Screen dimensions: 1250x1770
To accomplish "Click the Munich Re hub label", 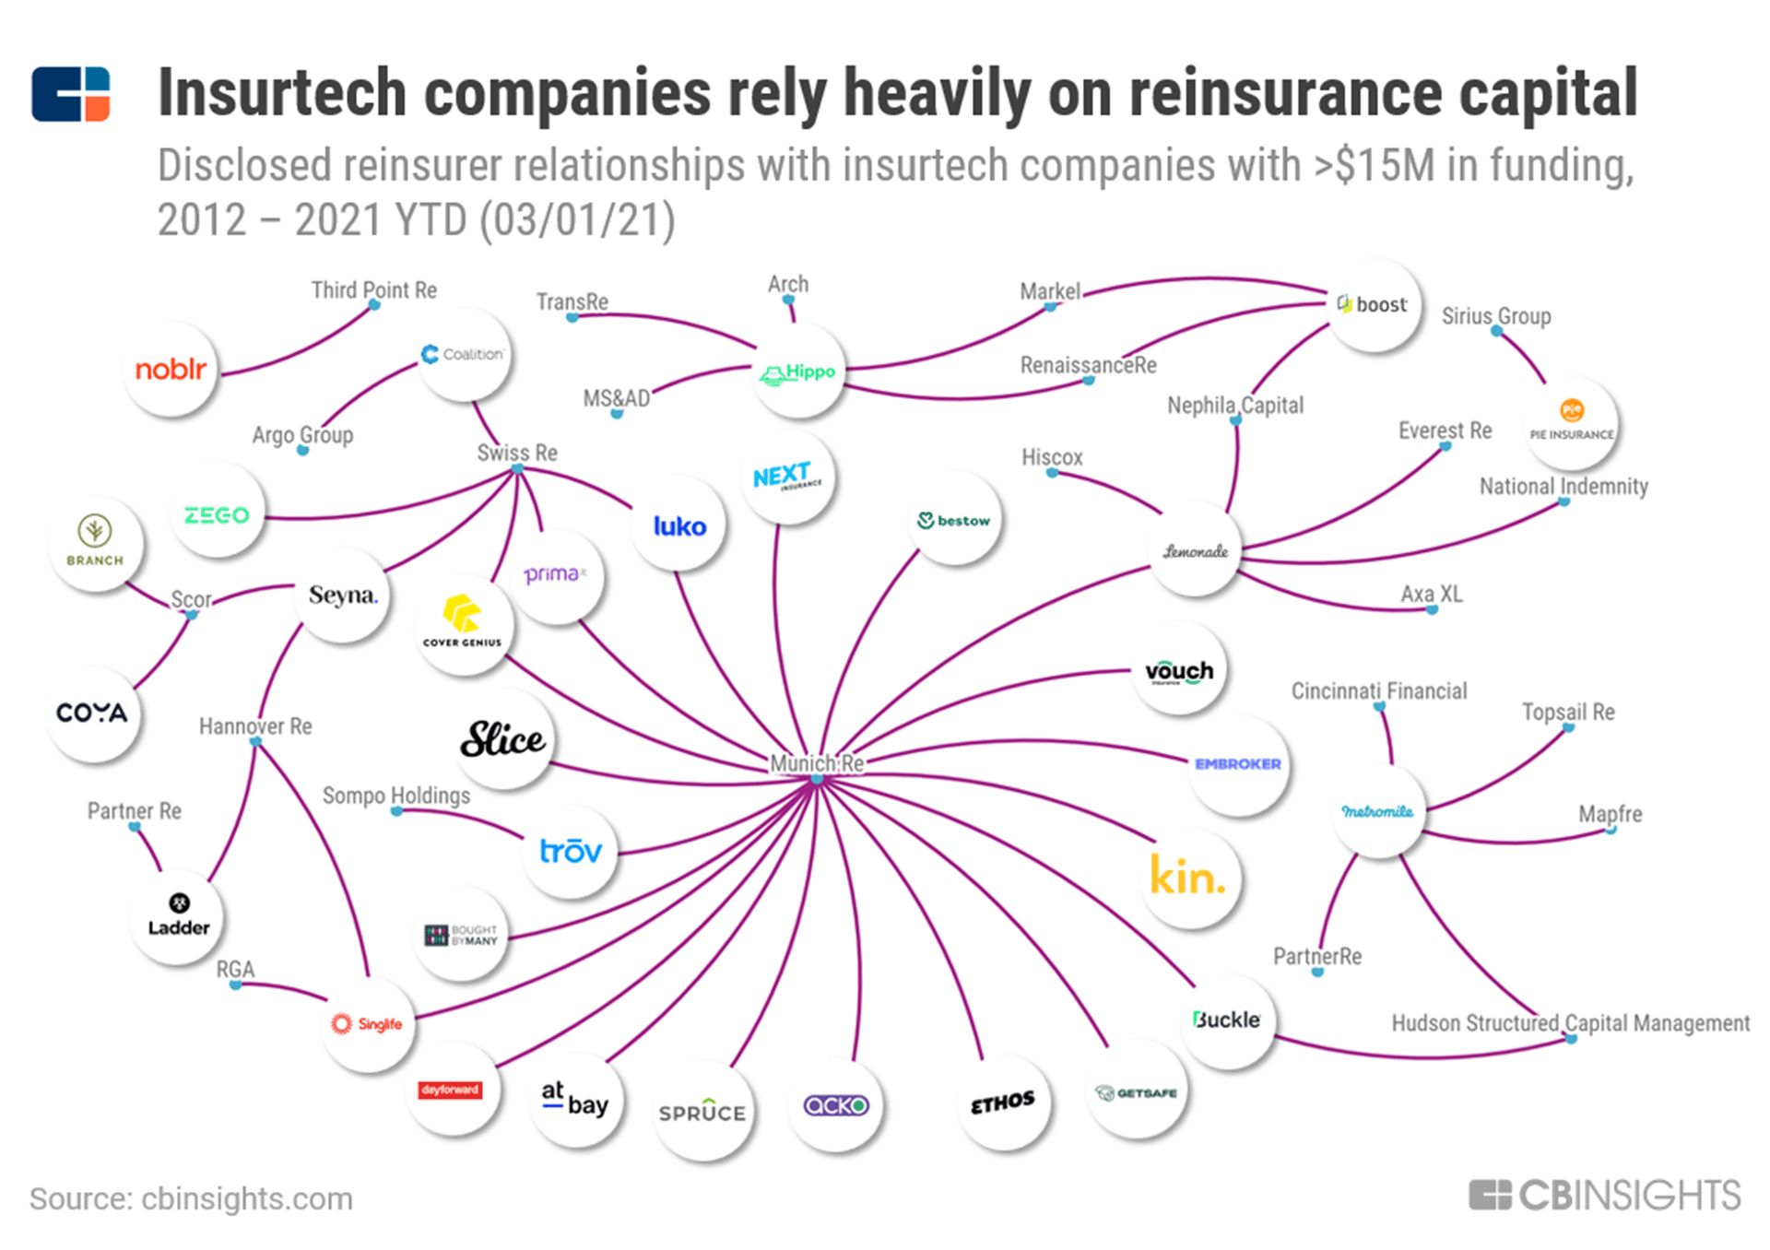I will click(x=817, y=763).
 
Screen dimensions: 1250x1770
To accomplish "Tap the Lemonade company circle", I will click(x=1196, y=551).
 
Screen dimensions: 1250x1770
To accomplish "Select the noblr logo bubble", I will click(x=171, y=370).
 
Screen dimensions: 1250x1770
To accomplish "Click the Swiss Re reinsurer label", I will click(x=517, y=453).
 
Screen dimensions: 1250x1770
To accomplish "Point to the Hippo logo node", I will click(x=798, y=372).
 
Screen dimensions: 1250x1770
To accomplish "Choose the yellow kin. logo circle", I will click(x=1188, y=877).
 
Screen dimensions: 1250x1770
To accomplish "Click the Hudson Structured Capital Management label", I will click(x=1570, y=1023).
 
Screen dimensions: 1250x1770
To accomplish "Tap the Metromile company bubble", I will click(x=1377, y=811).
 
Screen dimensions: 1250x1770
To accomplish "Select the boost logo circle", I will click(x=1374, y=305).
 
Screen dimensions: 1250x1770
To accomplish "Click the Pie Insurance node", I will click(x=1572, y=422).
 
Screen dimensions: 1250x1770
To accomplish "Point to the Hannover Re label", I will click(x=255, y=726).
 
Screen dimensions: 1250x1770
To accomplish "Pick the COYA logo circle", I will click(x=92, y=713).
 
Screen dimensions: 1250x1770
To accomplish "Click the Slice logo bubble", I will click(x=503, y=739).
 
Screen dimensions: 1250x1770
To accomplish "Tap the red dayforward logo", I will click(x=450, y=1090).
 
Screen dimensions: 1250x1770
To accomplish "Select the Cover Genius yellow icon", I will click(x=462, y=613).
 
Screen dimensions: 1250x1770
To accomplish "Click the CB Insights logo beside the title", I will click(x=71, y=94).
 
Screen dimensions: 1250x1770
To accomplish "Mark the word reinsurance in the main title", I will click(x=1285, y=93).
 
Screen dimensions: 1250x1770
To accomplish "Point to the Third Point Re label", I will click(x=373, y=290).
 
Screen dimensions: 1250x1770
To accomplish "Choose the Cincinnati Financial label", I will click(x=1378, y=691).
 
